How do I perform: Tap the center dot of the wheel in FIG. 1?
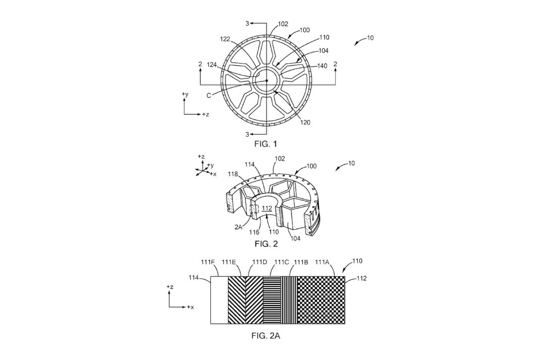coord(267,81)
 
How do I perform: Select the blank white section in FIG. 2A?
coord(219,300)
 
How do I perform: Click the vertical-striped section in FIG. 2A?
coord(288,300)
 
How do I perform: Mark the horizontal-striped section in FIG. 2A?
coord(271,300)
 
